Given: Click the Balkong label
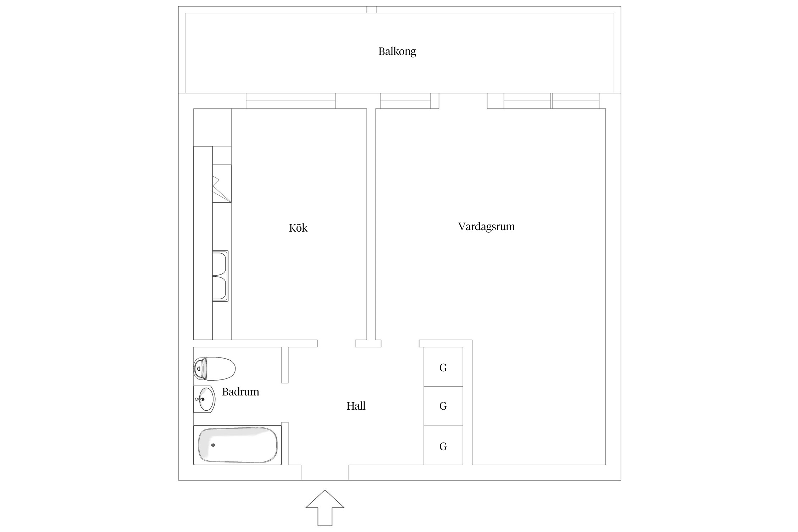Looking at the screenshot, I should point(397,52).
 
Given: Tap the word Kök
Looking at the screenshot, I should point(298,228).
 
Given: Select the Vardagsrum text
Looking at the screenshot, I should point(486,226).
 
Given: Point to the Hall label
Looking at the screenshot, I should point(356,406).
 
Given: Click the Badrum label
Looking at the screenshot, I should point(240,392).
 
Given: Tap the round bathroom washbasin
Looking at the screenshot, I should point(206,399).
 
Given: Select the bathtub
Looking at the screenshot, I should point(238,445).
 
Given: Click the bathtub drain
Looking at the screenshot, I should point(213,445).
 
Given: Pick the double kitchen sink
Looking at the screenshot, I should point(220,276).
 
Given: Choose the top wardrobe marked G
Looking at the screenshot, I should point(443,367).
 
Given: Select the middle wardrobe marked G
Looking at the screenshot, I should point(443,406).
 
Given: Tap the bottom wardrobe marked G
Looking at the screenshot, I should point(443,446).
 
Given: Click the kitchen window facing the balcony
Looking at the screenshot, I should point(290,101).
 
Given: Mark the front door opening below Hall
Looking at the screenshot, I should point(325,473).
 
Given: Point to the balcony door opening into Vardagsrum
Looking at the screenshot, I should point(463,101).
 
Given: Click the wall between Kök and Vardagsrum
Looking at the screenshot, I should point(371,223).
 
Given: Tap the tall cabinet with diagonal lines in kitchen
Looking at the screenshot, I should point(222,184).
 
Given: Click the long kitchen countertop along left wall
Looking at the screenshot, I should point(203,243).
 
